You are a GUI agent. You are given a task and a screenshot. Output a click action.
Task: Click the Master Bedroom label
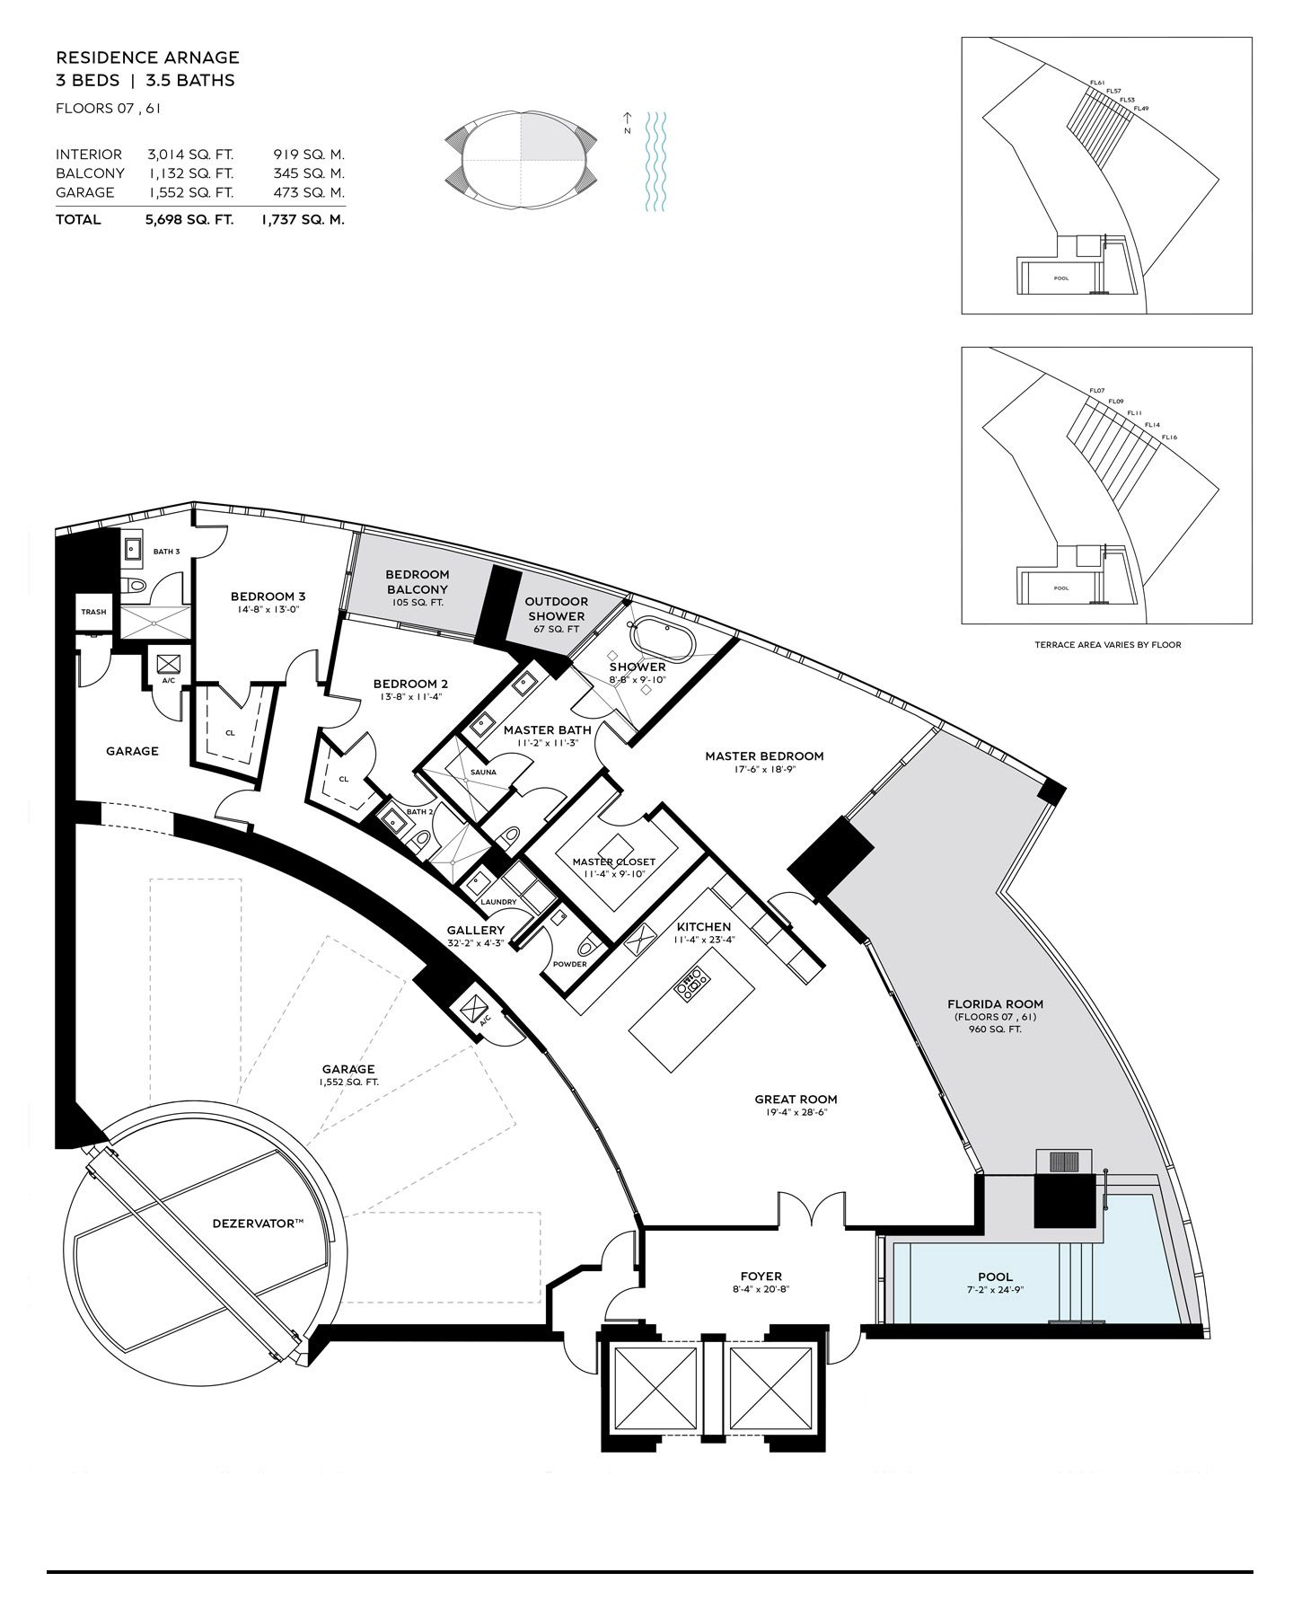[764, 756]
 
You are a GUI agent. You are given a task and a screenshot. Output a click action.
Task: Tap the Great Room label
[796, 1099]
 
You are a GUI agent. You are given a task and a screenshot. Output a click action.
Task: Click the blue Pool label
[996, 1277]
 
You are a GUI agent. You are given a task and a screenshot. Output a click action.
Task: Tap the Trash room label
[93, 612]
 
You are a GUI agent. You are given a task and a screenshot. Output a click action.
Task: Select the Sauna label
[483, 773]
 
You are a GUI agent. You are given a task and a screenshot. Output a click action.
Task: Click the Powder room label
[569, 964]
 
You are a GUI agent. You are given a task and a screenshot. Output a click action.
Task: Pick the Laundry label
[498, 902]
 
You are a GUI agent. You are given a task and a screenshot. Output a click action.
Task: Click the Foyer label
[761, 1276]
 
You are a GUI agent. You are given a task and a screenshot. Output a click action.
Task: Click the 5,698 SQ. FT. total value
[189, 219]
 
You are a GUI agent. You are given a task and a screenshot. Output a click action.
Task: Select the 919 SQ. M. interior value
[309, 155]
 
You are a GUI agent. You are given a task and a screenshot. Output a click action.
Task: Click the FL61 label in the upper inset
[1096, 83]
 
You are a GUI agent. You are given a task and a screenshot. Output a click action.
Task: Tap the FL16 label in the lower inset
[1169, 437]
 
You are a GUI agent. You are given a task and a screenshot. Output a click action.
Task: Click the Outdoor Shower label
[557, 608]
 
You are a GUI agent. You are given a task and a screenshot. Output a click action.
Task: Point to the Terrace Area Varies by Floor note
[1107, 644]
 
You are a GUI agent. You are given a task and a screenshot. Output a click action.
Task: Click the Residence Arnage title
[147, 57]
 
